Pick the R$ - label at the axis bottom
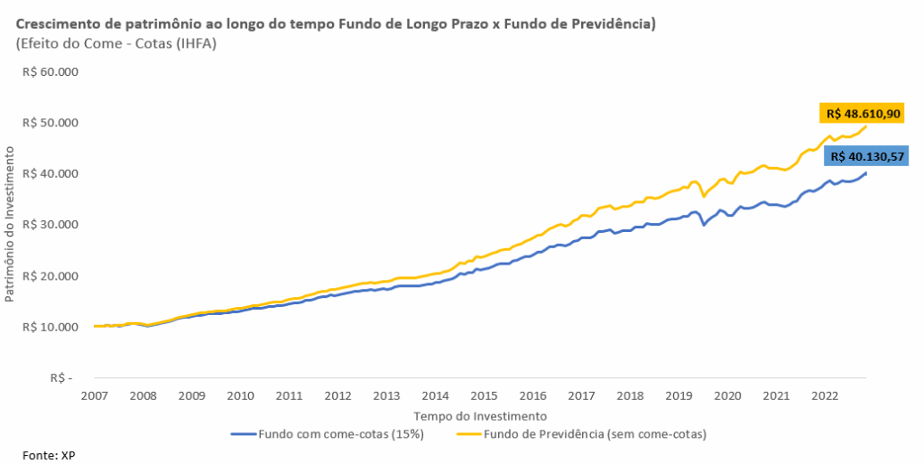(x=61, y=378)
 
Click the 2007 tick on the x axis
(x=94, y=395)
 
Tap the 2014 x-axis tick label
(x=435, y=395)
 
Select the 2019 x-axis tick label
(x=679, y=395)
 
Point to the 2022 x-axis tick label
(x=825, y=395)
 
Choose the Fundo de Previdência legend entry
(x=595, y=433)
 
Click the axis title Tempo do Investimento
(x=480, y=416)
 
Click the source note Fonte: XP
(x=50, y=455)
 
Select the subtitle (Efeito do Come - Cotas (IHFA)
(x=116, y=44)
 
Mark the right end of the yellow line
(x=865, y=125)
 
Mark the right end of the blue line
(x=865, y=172)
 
